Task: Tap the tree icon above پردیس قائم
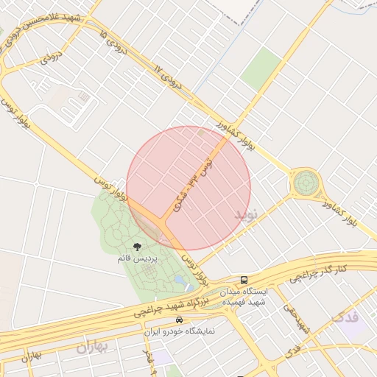tap(136, 247)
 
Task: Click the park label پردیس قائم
tap(136, 259)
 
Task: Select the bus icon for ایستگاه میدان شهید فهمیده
tap(244, 281)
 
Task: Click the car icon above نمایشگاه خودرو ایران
tap(180, 320)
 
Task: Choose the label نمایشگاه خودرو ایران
tap(180, 331)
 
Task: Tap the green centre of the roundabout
tap(305, 182)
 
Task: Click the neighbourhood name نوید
tap(247, 214)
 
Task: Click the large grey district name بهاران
tap(92, 347)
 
